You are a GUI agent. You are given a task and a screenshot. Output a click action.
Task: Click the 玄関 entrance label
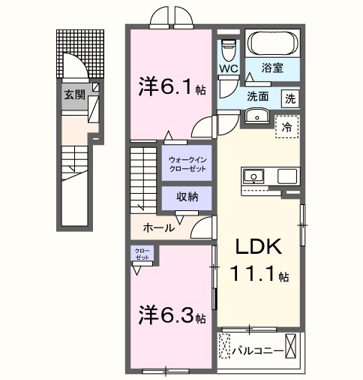[x=73, y=95]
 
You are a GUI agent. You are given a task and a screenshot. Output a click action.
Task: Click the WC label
[x=229, y=69]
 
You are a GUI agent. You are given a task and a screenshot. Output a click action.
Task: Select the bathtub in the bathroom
[x=273, y=44]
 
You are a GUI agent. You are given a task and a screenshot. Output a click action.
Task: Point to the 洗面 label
[x=259, y=96]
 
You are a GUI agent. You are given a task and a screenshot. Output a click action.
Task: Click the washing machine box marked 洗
[x=290, y=98]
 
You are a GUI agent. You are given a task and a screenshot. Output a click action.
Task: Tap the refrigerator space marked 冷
[x=286, y=128]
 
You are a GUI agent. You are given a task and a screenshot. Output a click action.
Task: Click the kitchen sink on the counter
[x=253, y=177]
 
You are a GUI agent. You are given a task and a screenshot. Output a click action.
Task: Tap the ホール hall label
[x=159, y=227]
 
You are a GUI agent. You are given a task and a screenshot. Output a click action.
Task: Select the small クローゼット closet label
[x=142, y=254]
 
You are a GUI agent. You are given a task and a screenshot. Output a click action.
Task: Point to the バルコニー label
[x=257, y=350]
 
